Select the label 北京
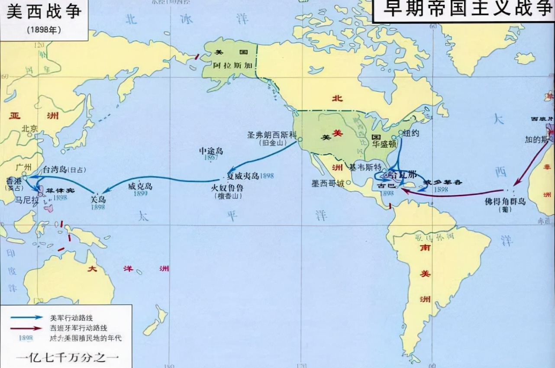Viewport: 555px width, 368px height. click(30, 128)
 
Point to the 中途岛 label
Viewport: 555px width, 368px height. click(210, 151)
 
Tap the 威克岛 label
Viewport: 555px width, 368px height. click(141, 187)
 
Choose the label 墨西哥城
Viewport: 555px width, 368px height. click(328, 183)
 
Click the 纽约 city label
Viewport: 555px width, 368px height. click(411, 133)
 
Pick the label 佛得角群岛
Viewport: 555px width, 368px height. click(505, 201)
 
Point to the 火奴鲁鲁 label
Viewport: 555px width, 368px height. click(227, 189)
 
